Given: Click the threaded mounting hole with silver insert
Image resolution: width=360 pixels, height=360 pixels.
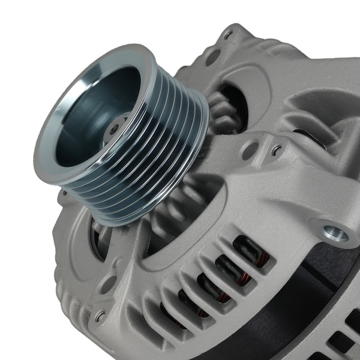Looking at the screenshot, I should click(x=335, y=233).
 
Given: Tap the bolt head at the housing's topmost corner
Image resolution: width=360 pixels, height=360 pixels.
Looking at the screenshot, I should click(x=229, y=35).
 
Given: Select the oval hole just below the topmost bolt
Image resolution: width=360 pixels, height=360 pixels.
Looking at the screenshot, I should click(x=213, y=57).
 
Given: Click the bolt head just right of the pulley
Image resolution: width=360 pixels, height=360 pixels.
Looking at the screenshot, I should click(x=277, y=151).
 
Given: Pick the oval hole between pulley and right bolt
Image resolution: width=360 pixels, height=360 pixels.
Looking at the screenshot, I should click(x=250, y=151).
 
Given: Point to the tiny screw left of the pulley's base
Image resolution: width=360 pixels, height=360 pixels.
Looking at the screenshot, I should click(x=63, y=193).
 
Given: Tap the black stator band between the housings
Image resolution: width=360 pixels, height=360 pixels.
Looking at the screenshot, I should click(x=300, y=300).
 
